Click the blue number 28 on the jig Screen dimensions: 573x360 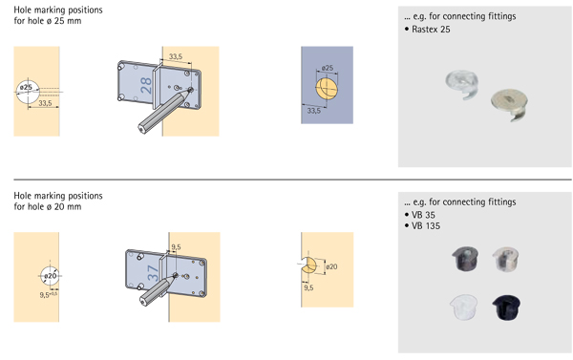point(146,86)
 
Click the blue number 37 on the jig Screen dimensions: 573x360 point(153,273)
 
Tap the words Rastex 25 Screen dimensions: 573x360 point(431,30)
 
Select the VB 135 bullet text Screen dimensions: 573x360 point(426,226)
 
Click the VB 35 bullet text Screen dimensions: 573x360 point(423,215)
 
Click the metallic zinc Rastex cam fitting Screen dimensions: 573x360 point(509,104)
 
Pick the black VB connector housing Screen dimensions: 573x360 point(506,307)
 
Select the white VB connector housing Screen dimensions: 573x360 point(464,307)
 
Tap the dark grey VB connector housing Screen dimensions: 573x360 point(465,259)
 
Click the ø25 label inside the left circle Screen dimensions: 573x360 point(26,87)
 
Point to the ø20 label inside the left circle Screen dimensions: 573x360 point(51,276)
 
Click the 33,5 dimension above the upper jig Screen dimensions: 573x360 point(176,56)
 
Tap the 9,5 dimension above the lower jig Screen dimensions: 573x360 point(176,247)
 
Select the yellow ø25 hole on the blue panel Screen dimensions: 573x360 point(327,88)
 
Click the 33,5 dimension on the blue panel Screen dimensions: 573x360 point(313,111)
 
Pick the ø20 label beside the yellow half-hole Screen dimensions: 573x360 point(331,266)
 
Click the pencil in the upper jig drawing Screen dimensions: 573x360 point(165,111)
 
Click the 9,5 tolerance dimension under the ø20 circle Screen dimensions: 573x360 point(49,294)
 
